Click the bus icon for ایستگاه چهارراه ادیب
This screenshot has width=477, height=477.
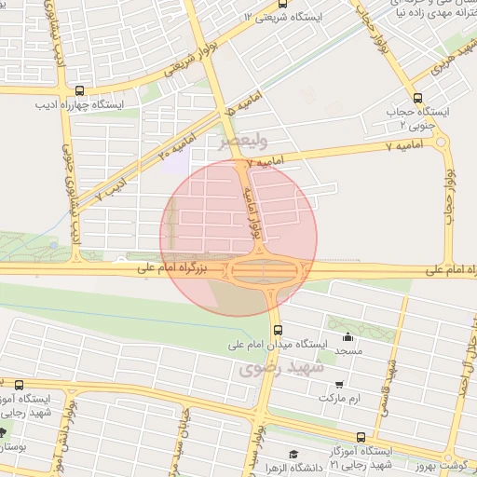[x=79, y=91]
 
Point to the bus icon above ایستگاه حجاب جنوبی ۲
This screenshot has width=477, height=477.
[x=418, y=97]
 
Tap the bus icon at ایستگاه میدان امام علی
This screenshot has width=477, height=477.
[x=277, y=331]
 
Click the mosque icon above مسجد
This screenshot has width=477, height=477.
[x=348, y=337]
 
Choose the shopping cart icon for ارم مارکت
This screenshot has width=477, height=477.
[x=339, y=383]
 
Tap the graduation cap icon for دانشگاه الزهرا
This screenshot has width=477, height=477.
[x=293, y=454]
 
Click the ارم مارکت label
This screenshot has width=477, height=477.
[x=339, y=398]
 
